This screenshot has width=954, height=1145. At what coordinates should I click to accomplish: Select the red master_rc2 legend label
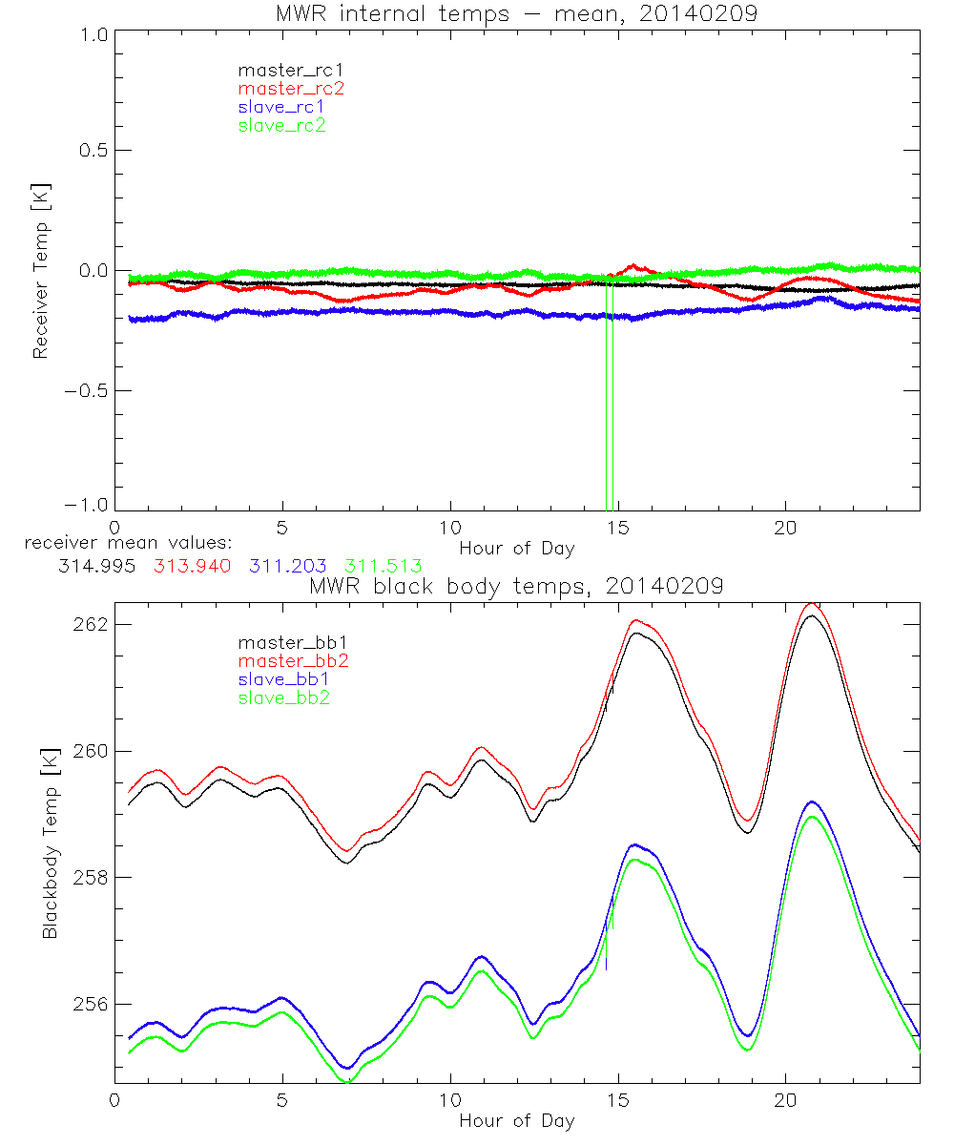click(x=290, y=89)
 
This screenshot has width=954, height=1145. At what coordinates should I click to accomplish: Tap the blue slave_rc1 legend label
click(x=280, y=107)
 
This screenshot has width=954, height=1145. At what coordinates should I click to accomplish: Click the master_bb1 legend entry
click(x=285, y=643)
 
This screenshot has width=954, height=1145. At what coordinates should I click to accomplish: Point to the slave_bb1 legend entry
click(x=285, y=679)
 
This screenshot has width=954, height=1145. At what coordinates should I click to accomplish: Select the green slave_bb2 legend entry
click(x=285, y=697)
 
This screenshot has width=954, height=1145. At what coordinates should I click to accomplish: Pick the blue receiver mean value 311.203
click(x=287, y=566)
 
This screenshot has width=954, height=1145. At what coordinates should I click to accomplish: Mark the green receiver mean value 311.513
click(x=384, y=566)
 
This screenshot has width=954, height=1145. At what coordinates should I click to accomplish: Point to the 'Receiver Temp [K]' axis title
click(x=40, y=270)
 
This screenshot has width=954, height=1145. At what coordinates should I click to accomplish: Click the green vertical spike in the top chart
click(x=610, y=401)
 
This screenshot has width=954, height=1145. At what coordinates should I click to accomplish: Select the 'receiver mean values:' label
click(x=121, y=544)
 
